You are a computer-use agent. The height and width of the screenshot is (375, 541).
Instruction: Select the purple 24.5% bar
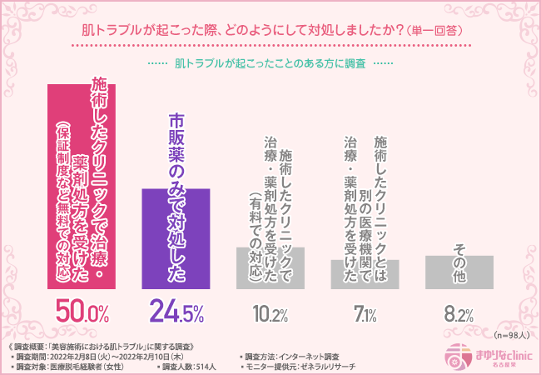click(176, 237)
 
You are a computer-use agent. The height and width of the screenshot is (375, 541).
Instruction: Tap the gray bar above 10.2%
click(270, 267)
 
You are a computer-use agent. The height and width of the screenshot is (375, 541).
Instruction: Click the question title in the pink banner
click(271, 29)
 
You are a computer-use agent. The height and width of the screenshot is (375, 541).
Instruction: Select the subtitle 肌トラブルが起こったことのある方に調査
click(270, 63)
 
